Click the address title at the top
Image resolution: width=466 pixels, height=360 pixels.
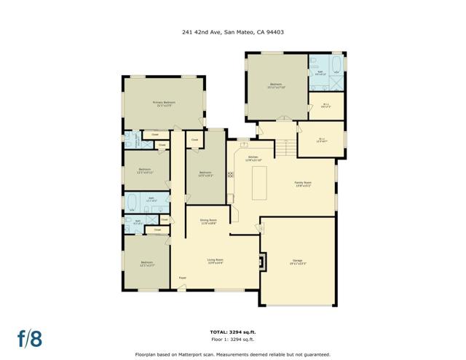click(232, 31)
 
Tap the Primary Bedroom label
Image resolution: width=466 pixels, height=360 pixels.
click(162, 103)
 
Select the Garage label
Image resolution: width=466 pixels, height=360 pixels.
click(297, 260)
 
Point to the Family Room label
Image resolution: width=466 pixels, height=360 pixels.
click(302, 184)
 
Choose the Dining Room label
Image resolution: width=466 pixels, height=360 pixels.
click(209, 220)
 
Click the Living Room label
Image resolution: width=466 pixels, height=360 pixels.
click(215, 261)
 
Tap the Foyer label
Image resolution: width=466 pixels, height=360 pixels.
click(182, 278)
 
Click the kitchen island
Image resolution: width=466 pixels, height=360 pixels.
click(260, 183)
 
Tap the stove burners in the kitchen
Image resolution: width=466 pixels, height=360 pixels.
click(231, 174)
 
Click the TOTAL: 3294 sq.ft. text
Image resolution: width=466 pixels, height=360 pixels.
click(233, 331)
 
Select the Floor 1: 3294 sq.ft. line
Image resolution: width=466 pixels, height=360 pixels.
click(233, 339)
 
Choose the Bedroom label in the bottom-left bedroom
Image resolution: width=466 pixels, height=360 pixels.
click(146, 263)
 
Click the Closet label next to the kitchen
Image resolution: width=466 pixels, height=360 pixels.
click(194, 140)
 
